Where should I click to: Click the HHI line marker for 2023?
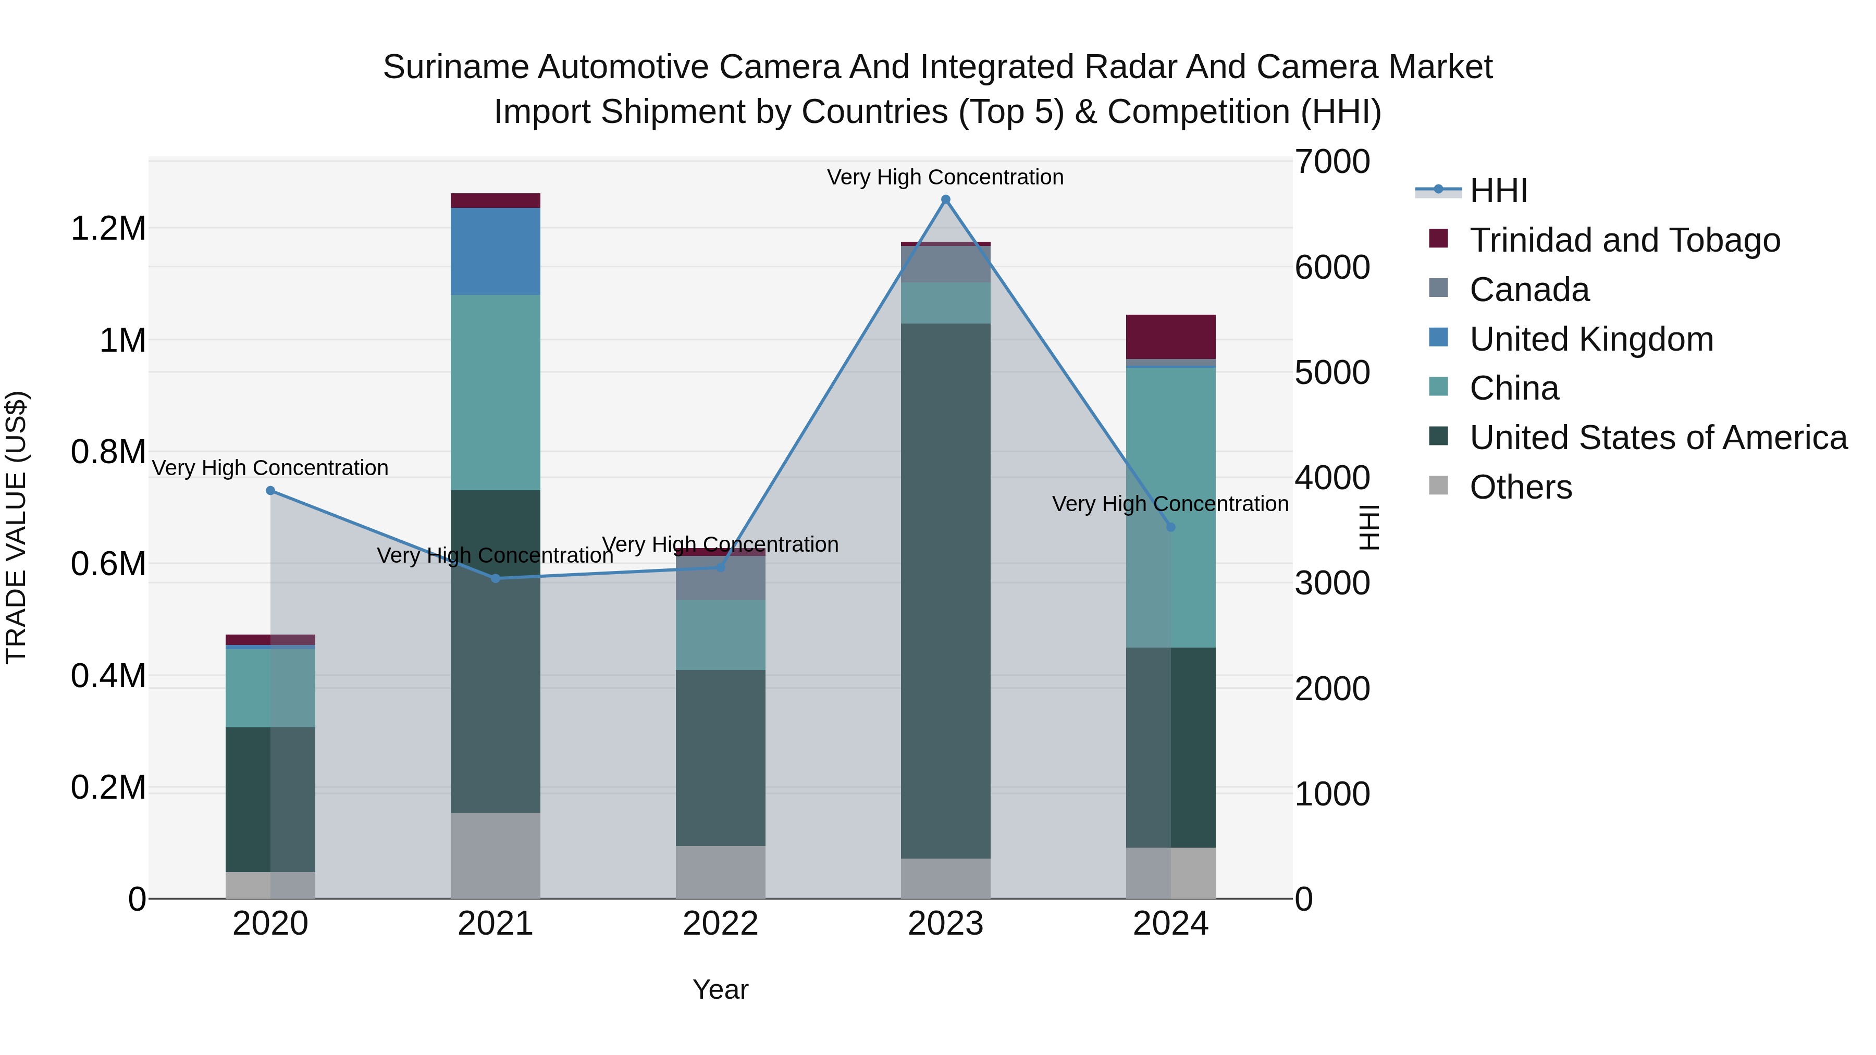(x=945, y=200)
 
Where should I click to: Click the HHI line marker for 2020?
(x=270, y=491)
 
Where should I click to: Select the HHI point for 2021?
(x=495, y=579)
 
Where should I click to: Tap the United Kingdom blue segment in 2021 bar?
(x=495, y=251)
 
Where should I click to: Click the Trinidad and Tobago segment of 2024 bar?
(x=1170, y=337)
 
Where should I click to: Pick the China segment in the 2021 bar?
(x=495, y=392)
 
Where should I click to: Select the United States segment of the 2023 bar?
(x=945, y=590)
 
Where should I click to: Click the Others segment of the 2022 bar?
(x=720, y=872)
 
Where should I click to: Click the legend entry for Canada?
(x=1528, y=290)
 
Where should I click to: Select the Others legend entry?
(x=1520, y=487)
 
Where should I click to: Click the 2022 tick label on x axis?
(x=720, y=924)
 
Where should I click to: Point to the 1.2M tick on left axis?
(x=108, y=229)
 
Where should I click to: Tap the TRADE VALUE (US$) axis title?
(x=16, y=527)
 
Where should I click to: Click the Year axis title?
(x=720, y=989)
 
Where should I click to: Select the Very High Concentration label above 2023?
(x=945, y=177)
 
